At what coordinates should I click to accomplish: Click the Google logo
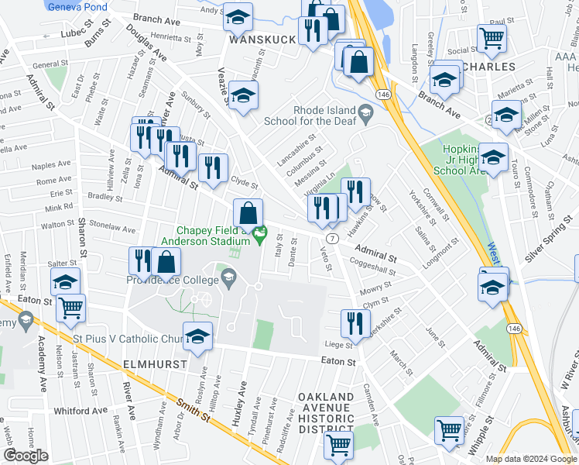pyautogui.click(x=26, y=456)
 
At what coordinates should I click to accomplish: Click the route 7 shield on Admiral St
pyautogui.click(x=332, y=237)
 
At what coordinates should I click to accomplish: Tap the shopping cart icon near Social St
pyautogui.click(x=492, y=36)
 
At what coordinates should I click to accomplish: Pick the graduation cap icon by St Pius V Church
pyautogui.click(x=197, y=335)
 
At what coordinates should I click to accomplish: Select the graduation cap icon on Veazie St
pyautogui.click(x=243, y=96)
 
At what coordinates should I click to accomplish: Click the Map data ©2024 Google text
pyautogui.click(x=531, y=459)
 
